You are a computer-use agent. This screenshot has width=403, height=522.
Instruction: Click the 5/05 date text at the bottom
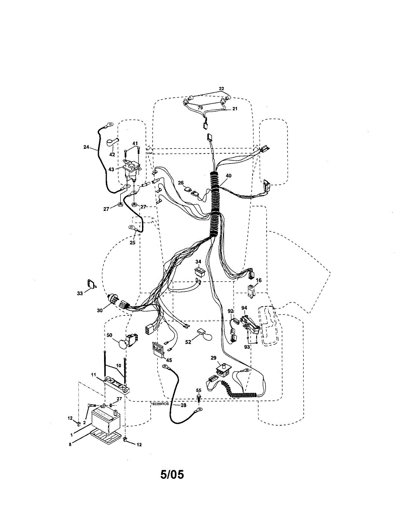coord(172,474)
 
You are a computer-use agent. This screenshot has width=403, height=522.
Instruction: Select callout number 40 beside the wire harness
coord(228,176)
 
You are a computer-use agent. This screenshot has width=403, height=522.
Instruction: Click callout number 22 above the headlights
coord(221,89)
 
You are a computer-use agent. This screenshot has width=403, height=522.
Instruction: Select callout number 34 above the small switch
coord(198,262)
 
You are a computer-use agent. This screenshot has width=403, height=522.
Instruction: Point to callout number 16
coord(258,281)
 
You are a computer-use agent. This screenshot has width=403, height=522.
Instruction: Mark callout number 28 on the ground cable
coord(183,405)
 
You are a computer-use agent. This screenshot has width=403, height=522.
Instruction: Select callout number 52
coord(188,342)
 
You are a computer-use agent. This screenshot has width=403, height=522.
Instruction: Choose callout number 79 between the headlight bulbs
coord(200,107)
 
